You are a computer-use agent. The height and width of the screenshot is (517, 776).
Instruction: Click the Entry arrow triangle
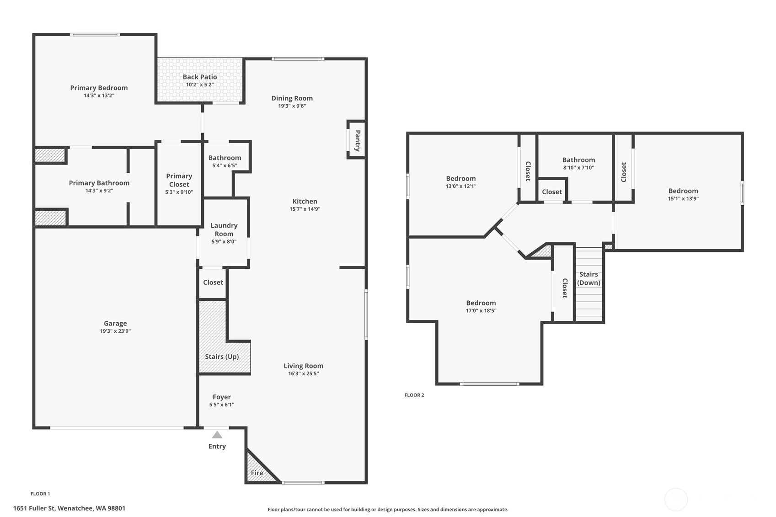[217, 435]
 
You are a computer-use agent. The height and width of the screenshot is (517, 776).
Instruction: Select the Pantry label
[358, 141]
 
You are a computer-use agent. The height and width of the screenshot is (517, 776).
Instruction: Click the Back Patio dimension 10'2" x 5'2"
[200, 85]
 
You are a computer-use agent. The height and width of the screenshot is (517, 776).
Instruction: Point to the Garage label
[115, 323]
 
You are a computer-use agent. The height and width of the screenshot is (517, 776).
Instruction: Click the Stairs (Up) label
[222, 357]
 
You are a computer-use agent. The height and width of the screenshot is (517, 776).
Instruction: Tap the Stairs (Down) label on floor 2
[589, 278]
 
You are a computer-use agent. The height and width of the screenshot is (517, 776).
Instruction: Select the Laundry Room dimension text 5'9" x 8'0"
[224, 242]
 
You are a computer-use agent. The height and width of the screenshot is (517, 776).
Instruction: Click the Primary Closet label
[179, 180]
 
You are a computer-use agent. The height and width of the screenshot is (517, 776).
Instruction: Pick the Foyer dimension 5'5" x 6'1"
[222, 405]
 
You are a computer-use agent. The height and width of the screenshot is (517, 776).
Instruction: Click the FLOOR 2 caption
[414, 395]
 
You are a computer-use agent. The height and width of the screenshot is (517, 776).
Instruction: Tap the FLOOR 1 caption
[40, 494]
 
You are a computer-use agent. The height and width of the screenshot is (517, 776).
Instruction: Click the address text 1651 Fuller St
[34, 508]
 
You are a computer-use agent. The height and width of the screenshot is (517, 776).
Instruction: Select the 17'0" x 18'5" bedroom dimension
[481, 311]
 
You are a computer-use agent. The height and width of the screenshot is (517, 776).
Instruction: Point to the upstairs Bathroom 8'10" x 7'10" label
[578, 163]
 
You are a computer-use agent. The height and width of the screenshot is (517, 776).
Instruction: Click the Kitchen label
[305, 201]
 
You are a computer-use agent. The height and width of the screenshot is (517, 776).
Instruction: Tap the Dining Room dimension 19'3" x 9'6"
[292, 106]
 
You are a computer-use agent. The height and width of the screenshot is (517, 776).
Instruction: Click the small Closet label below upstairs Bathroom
[552, 192]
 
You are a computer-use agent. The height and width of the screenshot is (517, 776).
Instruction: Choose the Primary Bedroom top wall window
[95, 35]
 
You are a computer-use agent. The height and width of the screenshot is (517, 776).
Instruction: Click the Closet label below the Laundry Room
[213, 282]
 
